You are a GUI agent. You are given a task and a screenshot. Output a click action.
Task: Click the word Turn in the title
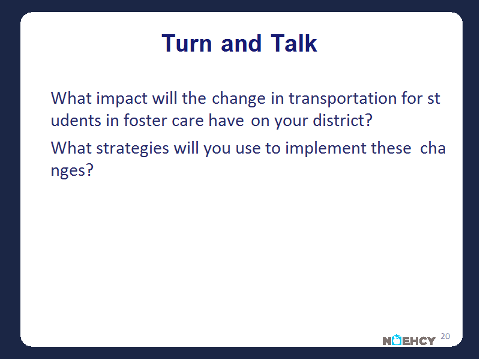(x=187, y=43)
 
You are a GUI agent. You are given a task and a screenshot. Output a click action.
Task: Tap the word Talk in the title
(x=293, y=43)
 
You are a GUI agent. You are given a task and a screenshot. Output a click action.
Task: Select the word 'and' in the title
(x=241, y=43)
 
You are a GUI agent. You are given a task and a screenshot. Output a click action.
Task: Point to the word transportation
(x=343, y=99)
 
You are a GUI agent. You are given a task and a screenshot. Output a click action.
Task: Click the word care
(x=187, y=121)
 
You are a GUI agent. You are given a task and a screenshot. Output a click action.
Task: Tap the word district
(x=343, y=120)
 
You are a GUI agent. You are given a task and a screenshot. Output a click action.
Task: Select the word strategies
(x=133, y=149)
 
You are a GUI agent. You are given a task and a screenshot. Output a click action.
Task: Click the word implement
(x=325, y=149)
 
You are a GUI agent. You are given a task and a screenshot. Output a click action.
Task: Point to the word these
(x=391, y=148)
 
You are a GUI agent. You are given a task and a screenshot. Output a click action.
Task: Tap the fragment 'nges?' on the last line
(x=72, y=170)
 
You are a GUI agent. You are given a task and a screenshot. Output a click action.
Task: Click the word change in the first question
(x=239, y=99)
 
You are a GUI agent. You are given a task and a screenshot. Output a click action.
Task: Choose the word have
(x=226, y=120)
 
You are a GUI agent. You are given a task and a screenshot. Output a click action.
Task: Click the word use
(x=248, y=149)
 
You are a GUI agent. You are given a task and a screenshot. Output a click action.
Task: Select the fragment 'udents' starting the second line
(x=76, y=120)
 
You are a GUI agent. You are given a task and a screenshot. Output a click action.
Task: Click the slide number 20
(x=445, y=336)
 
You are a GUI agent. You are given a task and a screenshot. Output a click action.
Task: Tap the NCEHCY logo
(x=409, y=340)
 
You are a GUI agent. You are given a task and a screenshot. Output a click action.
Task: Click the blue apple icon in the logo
(x=397, y=340)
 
